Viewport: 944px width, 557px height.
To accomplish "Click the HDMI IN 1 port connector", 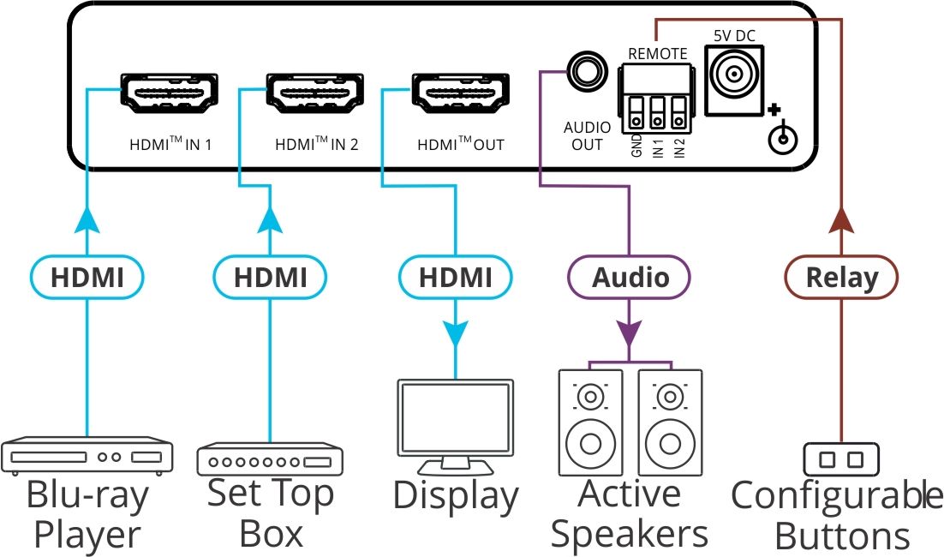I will click(171, 93).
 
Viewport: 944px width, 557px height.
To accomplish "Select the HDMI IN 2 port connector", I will click(316, 93).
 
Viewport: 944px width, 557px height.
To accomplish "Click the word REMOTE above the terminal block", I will click(657, 54).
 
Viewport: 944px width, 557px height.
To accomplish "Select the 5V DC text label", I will click(734, 35).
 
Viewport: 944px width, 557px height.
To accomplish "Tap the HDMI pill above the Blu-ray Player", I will click(87, 278).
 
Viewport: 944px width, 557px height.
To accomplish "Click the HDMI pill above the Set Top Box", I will click(271, 278).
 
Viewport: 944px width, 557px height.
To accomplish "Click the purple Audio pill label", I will click(630, 278).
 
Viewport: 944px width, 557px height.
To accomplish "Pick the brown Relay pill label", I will click(842, 278).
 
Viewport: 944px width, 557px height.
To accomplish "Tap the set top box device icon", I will click(271, 460).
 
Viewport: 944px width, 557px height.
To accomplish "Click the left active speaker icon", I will click(589, 422).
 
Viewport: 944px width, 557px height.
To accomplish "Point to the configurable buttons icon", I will click(841, 460).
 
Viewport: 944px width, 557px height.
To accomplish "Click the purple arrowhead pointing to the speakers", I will click(630, 333).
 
